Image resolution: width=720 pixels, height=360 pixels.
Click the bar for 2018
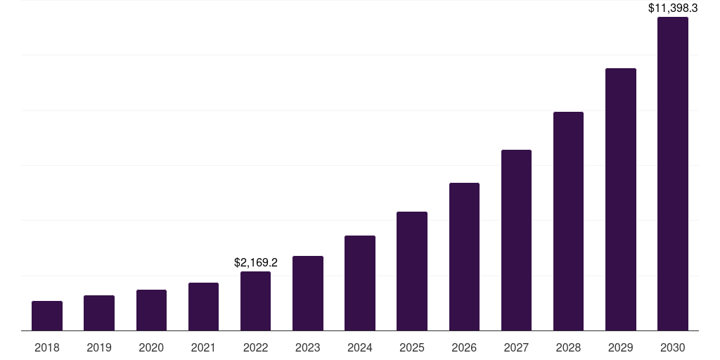(x=47, y=316)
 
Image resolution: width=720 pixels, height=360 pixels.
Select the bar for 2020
(x=151, y=310)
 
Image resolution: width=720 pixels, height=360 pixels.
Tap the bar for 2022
(x=255, y=301)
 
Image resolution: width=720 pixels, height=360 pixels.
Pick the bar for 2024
(x=360, y=283)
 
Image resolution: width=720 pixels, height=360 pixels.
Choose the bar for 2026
(x=464, y=257)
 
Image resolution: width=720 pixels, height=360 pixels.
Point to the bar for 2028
(x=568, y=221)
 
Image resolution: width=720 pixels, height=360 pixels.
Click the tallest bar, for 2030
(x=673, y=174)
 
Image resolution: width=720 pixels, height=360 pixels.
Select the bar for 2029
(x=621, y=199)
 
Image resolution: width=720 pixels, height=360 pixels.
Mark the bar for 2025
(x=412, y=271)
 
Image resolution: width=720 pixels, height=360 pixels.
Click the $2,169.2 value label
(x=256, y=263)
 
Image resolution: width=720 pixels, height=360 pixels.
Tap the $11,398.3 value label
(x=673, y=8)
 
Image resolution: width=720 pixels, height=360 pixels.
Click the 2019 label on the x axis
(x=99, y=347)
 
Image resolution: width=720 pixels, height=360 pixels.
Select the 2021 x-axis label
(x=203, y=347)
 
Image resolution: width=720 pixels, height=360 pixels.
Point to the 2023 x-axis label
(x=308, y=347)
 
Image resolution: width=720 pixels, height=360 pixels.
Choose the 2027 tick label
(x=516, y=347)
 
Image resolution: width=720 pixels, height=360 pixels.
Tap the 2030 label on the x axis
(x=673, y=347)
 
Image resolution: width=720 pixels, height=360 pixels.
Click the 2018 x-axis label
(x=47, y=347)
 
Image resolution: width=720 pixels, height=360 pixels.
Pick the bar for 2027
(x=516, y=240)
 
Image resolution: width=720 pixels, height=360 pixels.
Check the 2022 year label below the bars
(x=255, y=347)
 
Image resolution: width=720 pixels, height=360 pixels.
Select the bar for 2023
(x=308, y=293)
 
